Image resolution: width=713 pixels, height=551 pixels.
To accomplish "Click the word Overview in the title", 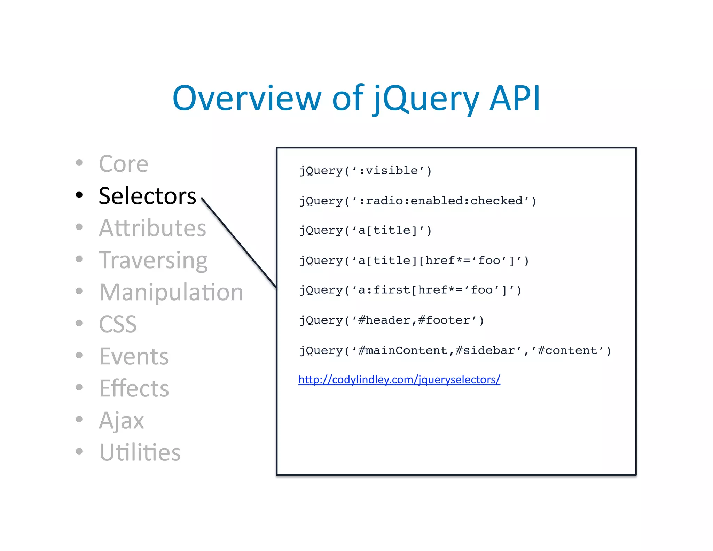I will click(x=246, y=99).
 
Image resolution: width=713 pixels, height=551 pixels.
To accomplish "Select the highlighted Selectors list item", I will click(x=147, y=196).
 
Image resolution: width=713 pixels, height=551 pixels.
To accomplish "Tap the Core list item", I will click(x=124, y=164).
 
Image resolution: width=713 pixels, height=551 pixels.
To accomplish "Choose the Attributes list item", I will click(x=152, y=228).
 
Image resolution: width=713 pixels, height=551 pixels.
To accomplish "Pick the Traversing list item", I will click(x=153, y=261).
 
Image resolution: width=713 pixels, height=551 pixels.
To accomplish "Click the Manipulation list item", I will click(x=171, y=292).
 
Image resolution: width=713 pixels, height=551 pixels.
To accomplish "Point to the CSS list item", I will click(x=118, y=324).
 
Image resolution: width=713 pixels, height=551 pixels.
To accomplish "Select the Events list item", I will click(x=134, y=356).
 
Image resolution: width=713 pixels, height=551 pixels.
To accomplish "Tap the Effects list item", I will click(x=134, y=388).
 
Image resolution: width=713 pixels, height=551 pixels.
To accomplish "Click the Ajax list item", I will click(x=121, y=420).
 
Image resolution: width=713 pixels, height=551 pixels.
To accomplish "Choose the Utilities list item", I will click(x=140, y=452).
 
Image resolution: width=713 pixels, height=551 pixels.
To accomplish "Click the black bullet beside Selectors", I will click(x=79, y=195).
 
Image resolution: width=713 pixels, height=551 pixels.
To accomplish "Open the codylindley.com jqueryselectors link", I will click(x=399, y=379).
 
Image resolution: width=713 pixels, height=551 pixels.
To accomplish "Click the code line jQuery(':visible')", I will click(x=365, y=171).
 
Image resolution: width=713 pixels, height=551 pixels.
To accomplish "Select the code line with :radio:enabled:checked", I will click(x=417, y=201).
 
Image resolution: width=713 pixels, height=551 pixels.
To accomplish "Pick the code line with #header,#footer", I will click(x=391, y=320).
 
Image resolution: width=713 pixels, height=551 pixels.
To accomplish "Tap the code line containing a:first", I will click(x=410, y=290).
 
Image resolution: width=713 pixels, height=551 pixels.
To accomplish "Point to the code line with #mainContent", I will click(x=455, y=350).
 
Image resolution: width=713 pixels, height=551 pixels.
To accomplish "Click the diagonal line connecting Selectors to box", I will click(x=239, y=243).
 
